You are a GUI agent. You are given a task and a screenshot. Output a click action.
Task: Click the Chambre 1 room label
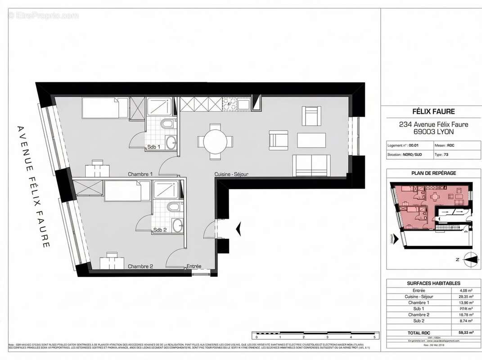[x=140, y=174]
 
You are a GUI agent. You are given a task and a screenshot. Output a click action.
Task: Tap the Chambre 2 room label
[x=140, y=266]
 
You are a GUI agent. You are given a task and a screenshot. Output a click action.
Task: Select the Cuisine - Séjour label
[x=231, y=174]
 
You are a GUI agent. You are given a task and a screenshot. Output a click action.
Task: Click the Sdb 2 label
[x=160, y=230]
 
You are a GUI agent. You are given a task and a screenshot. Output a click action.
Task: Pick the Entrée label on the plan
[x=194, y=266]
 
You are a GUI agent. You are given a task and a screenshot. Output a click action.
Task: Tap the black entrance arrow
[x=239, y=229]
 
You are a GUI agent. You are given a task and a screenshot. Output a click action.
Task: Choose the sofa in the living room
[x=311, y=166]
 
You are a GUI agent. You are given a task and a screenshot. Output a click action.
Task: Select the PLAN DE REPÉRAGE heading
[x=433, y=173]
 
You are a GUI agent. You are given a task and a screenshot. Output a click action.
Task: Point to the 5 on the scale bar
[x=374, y=337]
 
